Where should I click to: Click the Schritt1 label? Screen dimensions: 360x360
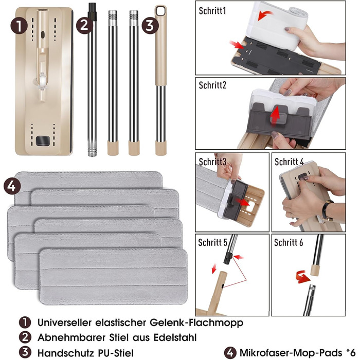pos(212,11)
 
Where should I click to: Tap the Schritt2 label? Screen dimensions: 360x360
pos(212,85)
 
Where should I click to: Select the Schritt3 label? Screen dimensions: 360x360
pos(212,161)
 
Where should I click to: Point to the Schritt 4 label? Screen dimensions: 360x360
pos(289,161)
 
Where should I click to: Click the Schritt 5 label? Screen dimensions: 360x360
pos(212,242)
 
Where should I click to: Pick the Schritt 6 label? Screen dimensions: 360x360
pos(289,242)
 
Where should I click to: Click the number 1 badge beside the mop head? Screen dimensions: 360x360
pos(19,26)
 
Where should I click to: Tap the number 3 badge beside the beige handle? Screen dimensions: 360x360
pos(150,26)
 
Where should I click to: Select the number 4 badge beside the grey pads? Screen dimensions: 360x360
pos(12,186)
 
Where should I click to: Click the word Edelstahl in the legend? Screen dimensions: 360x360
pos(175,337)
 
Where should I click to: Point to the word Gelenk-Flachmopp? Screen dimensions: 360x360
pos(196,322)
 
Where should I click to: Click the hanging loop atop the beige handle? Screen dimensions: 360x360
pos(160,10)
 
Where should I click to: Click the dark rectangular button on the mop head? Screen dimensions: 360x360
pos(43,141)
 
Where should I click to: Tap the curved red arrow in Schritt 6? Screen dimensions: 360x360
pos(302,277)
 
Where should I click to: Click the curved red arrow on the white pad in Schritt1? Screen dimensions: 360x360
pos(265,15)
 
